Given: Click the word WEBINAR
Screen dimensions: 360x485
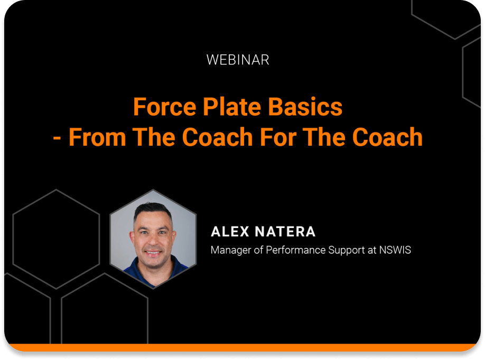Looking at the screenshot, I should [x=238, y=60].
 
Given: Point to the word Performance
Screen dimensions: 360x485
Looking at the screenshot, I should [x=294, y=250].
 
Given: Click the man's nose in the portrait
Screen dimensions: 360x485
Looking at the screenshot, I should [x=153, y=241].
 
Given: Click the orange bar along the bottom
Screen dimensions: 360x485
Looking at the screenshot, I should [x=243, y=347].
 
